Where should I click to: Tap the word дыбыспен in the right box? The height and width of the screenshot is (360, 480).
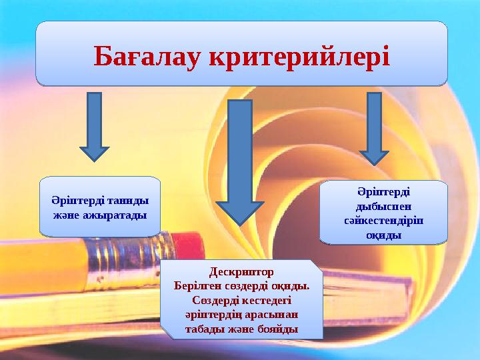coord(383,205)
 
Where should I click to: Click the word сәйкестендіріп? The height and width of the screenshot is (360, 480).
coord(383,220)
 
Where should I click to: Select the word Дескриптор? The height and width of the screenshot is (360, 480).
coord(241,272)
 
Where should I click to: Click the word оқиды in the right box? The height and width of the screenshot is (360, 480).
coord(383,235)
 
